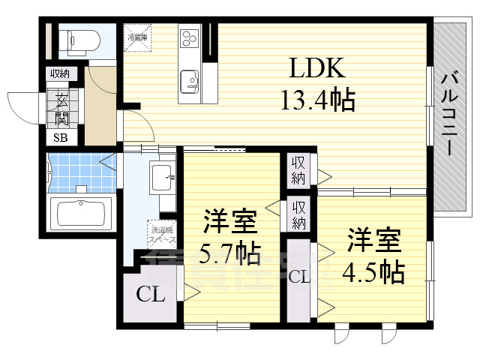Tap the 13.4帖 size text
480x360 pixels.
coord(317,99)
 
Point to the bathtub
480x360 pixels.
coord(81,212)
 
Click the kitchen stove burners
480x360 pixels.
coord(188,37)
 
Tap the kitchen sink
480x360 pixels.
coord(188,78)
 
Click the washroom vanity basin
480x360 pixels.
coord(161,178)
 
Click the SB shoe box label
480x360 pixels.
coord(58,137)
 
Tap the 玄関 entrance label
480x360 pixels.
coord(58,109)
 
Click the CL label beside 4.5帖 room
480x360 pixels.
coord(299,277)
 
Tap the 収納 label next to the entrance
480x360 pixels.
coord(59,73)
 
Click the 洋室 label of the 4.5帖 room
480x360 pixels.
coord(373,241)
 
